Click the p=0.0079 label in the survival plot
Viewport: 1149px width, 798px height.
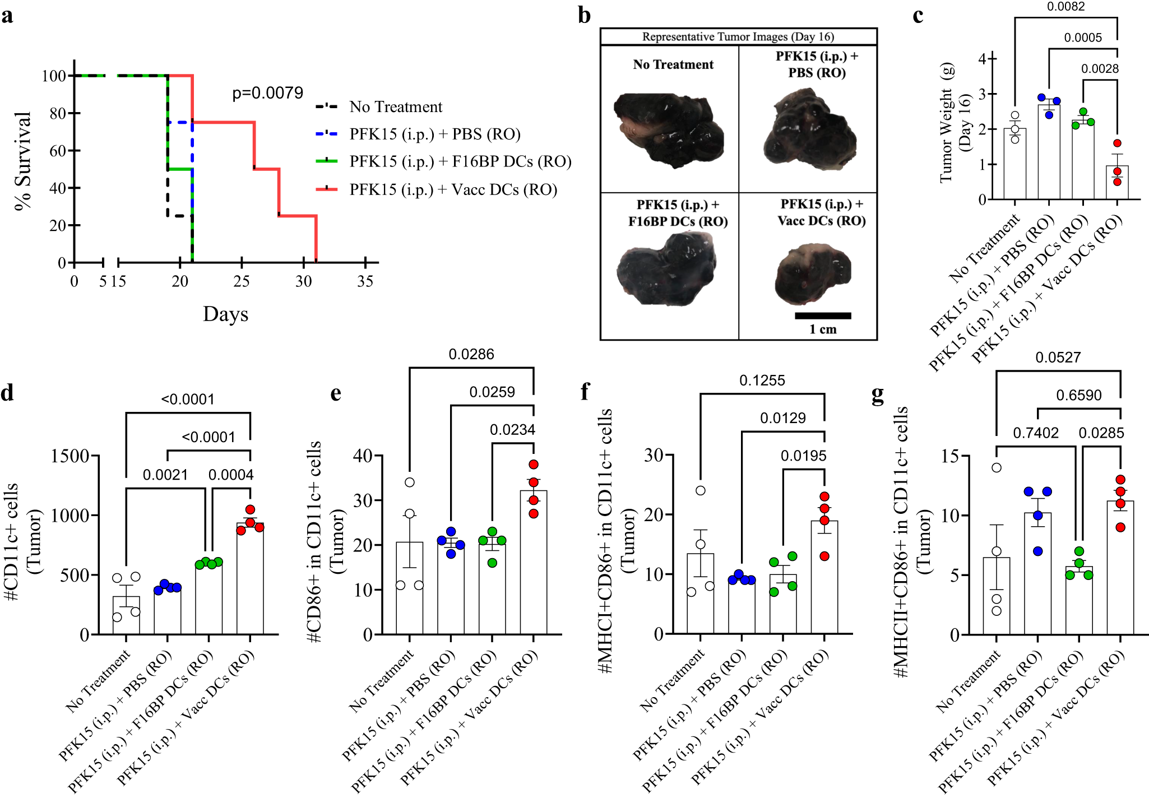[267, 93]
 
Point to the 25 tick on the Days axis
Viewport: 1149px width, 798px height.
[241, 281]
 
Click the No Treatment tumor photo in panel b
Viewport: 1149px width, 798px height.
[669, 130]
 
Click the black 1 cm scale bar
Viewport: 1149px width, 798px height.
[822, 316]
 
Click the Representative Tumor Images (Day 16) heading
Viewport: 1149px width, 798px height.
[738, 37]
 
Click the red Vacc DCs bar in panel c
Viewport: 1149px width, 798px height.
[1116, 183]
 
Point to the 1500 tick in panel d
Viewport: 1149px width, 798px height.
[70, 456]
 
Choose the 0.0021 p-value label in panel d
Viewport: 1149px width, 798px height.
[165, 475]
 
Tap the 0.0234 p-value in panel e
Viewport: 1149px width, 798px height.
[512, 430]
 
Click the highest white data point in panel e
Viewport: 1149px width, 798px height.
[410, 482]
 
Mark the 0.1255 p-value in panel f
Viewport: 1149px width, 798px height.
[762, 381]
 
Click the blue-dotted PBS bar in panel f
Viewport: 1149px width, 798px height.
[742, 607]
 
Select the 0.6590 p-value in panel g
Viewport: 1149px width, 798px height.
[1078, 396]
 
